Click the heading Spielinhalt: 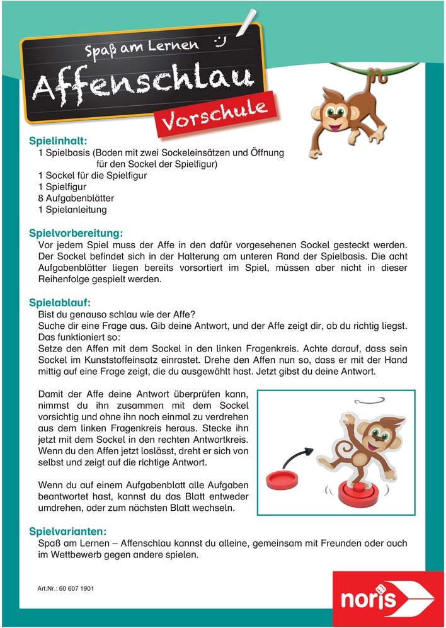pyautogui.click(x=58, y=141)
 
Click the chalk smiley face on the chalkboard pyautogui.click(x=220, y=42)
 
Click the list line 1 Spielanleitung pyautogui.click(x=72, y=209)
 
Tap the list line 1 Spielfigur pyautogui.click(x=62, y=186)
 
